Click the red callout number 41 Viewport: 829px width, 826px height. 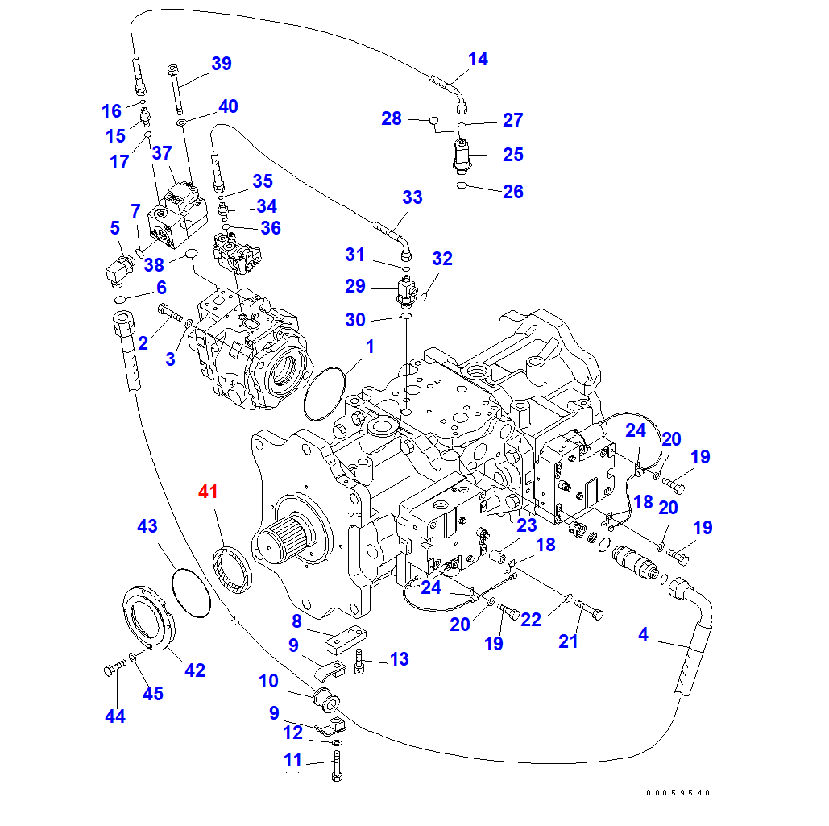click(209, 491)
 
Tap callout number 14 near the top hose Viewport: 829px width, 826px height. click(478, 59)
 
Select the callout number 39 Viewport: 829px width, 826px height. click(221, 64)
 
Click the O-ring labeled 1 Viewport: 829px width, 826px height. click(325, 392)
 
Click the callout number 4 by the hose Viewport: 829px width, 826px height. click(642, 635)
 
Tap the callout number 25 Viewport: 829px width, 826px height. click(513, 155)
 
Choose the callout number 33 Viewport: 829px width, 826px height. click(412, 197)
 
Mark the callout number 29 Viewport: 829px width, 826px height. click(355, 286)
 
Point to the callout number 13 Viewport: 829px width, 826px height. click(399, 659)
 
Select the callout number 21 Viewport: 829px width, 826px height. click(569, 641)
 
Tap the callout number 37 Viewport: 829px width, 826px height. click(162, 152)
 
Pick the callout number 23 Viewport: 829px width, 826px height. click(526, 525)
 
